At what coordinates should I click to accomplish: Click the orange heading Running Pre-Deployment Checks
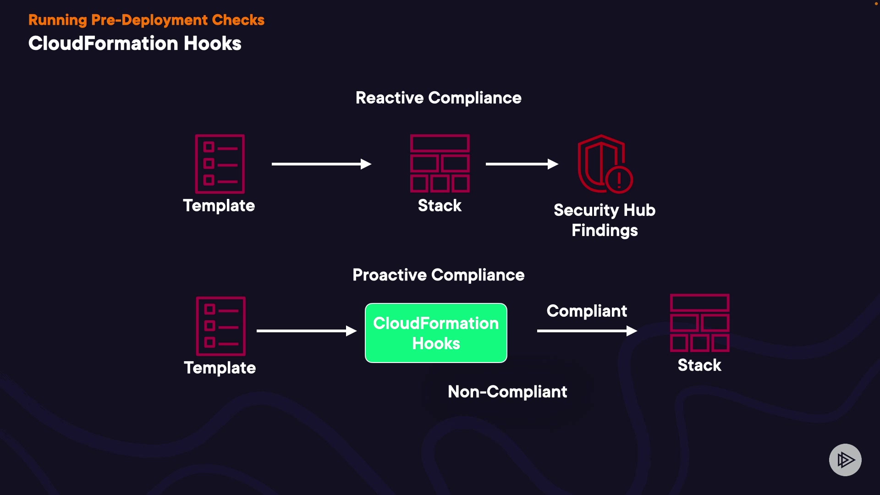146,20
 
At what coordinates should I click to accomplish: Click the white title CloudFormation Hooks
135,44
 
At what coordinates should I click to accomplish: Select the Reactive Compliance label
439,98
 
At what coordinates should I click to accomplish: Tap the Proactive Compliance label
439,275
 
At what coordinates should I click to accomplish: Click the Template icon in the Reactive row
220,164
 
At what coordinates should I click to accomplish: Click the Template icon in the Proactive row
221,326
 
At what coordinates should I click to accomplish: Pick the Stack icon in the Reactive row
440,163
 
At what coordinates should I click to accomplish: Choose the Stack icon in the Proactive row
700,323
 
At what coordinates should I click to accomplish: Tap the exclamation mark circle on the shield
619,179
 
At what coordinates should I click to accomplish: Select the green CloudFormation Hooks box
436,333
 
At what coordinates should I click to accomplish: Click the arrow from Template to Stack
321,164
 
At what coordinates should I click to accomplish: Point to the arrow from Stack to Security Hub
522,164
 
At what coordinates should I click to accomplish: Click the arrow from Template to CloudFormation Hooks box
307,331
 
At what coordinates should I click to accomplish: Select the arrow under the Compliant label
587,331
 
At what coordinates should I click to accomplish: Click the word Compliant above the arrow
587,311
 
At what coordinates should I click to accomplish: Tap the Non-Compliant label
507,392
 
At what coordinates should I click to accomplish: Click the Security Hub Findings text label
605,220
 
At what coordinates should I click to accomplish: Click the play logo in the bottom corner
845,460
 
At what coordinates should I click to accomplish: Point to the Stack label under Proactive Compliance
699,365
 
